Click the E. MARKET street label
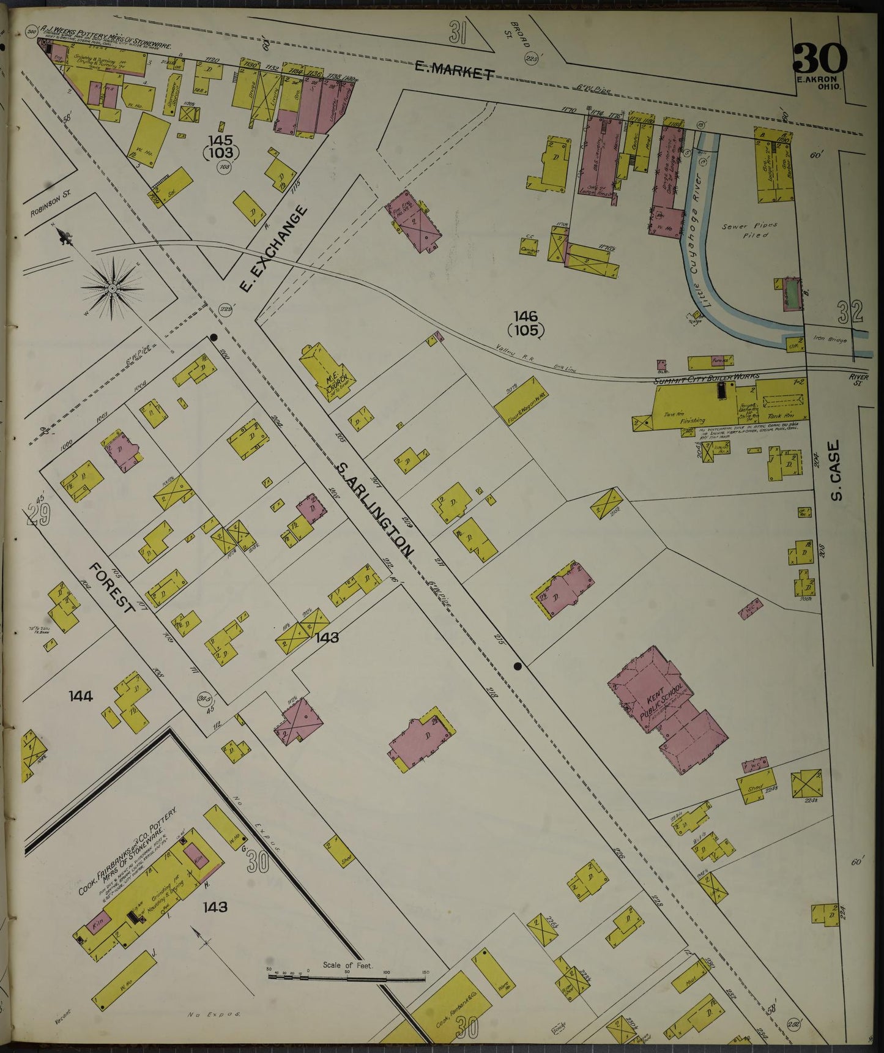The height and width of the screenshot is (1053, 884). [454, 70]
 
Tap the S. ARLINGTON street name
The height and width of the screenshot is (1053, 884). [375, 509]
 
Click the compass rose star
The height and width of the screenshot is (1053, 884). [113, 287]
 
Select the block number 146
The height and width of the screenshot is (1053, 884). [525, 317]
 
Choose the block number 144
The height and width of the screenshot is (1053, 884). [81, 696]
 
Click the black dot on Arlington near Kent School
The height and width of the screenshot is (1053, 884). [518, 666]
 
